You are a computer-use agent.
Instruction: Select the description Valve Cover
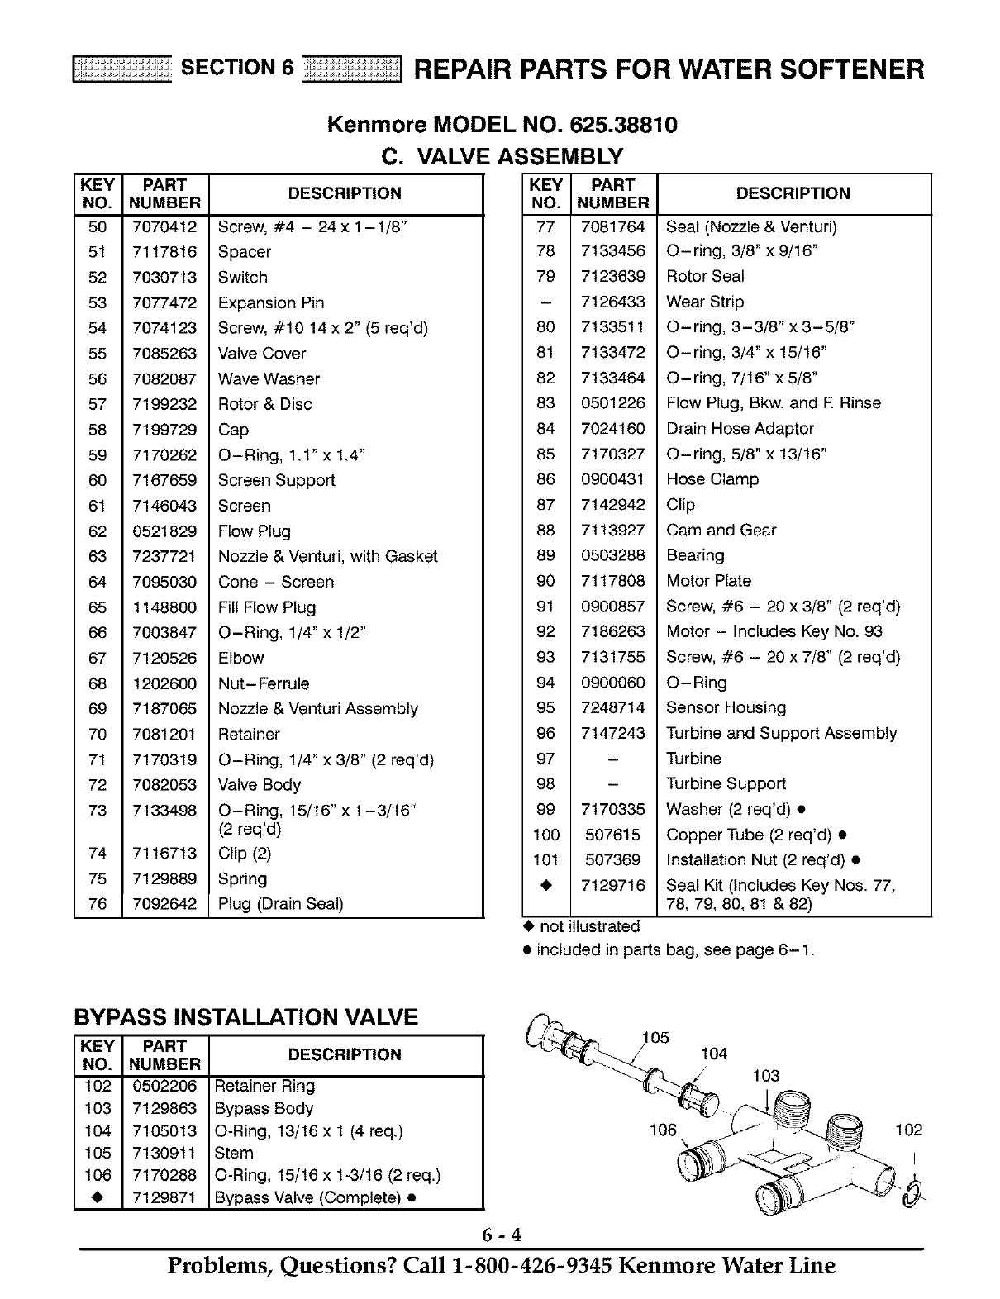pyautogui.click(x=261, y=354)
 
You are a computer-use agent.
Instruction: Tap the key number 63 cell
pyautogui.click(x=98, y=557)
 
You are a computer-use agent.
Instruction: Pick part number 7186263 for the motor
pyautogui.click(x=612, y=632)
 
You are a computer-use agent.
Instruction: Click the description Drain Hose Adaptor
pyautogui.click(x=740, y=429)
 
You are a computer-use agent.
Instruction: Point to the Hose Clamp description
pyautogui.click(x=712, y=479)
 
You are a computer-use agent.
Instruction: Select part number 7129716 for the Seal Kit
pyautogui.click(x=612, y=886)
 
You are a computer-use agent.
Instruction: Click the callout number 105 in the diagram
pyautogui.click(x=655, y=1038)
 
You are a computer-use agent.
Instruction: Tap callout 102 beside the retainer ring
pyautogui.click(x=908, y=1130)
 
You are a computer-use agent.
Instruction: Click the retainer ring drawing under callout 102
pyautogui.click(x=913, y=1193)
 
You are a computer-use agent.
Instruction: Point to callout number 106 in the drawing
pyautogui.click(x=663, y=1130)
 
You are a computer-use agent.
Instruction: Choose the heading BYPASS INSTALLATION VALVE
pyautogui.click(x=246, y=1017)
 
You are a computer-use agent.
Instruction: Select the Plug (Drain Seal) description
pyautogui.click(x=280, y=904)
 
